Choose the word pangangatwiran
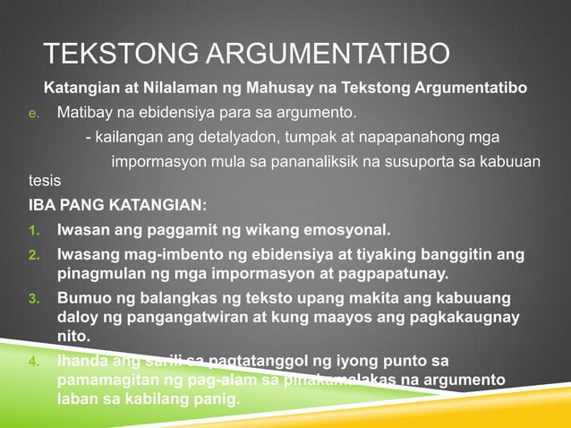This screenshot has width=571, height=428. point(155,316)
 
